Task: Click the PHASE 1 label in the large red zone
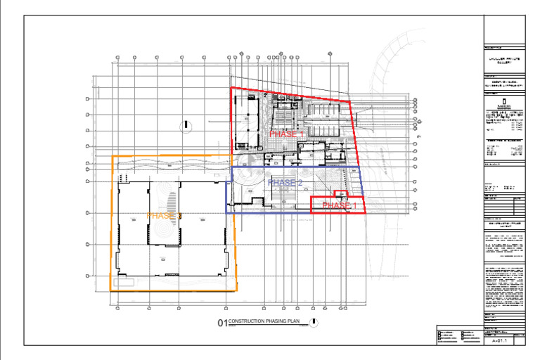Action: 287,134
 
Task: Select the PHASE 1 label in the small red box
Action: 340,205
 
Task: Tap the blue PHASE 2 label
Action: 285,183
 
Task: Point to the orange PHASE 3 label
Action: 165,216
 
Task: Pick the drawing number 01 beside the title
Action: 222,323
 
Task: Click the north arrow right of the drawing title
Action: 314,322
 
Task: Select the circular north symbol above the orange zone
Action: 186,127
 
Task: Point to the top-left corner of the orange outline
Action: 112,156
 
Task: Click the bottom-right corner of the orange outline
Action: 236,290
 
